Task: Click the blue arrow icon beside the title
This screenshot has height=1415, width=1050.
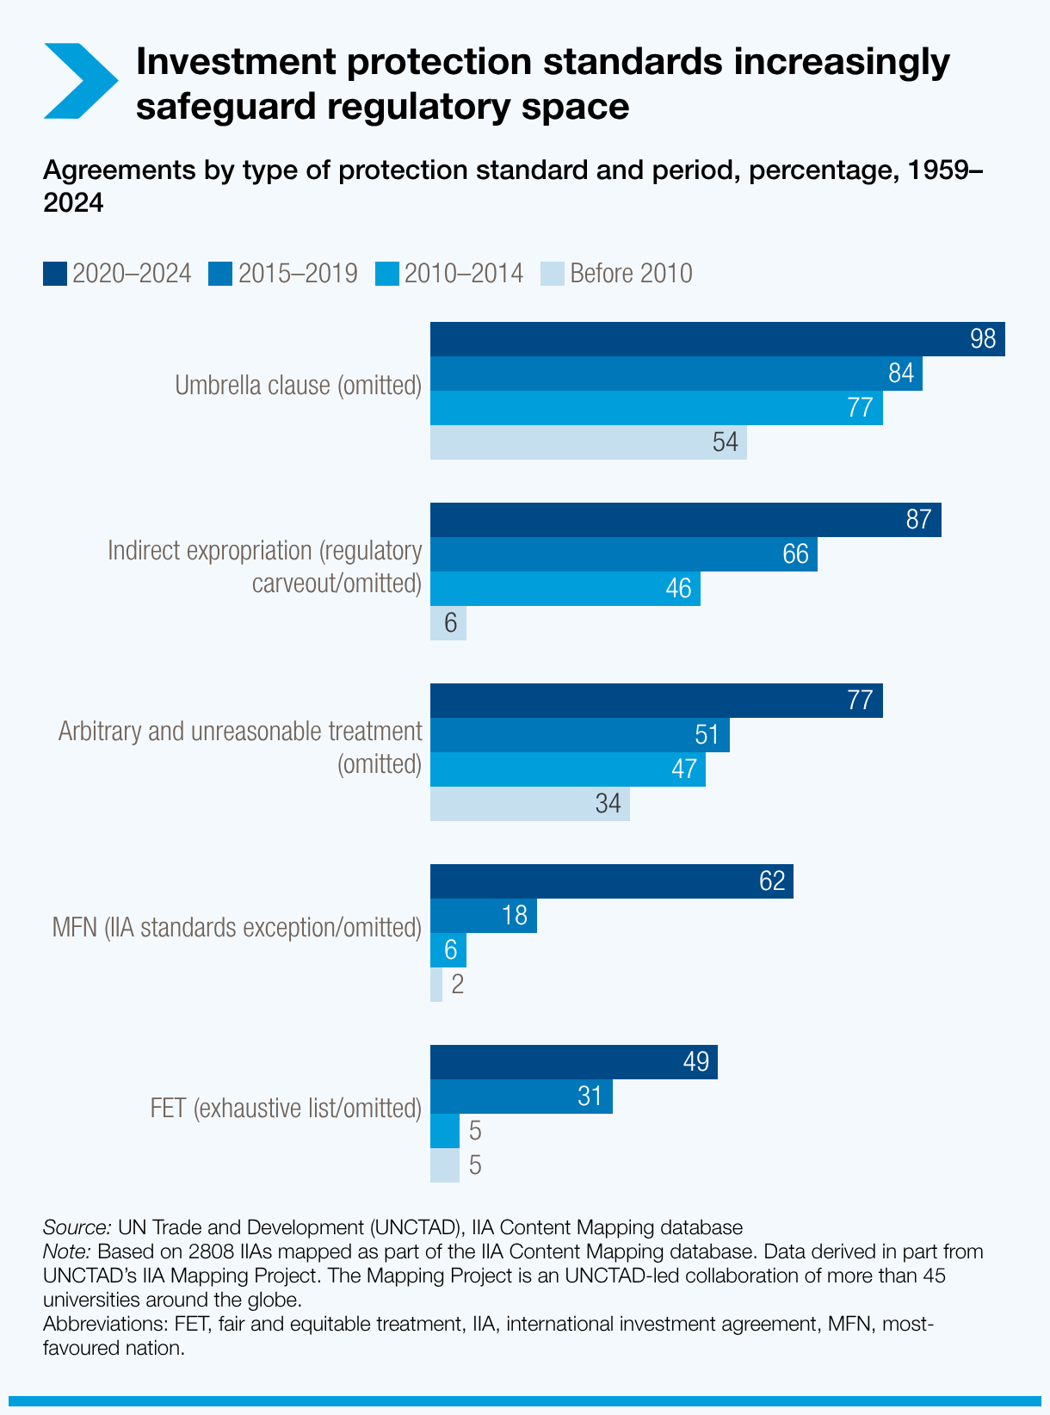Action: [x=80, y=81]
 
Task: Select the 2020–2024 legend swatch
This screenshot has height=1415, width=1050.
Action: [x=55, y=274]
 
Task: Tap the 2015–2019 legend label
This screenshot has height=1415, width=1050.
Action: [x=297, y=274]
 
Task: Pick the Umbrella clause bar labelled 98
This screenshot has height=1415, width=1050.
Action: [x=717, y=339]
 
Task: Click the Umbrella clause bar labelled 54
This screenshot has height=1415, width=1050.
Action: [x=588, y=442]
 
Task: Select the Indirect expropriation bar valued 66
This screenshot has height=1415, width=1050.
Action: [x=623, y=554]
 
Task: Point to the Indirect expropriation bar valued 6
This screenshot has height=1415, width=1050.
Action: [x=448, y=623]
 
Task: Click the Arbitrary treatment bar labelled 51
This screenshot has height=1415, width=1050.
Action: [x=579, y=735]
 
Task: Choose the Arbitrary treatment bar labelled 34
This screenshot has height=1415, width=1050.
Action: [x=529, y=804]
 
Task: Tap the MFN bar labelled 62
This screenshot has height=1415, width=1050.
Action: [x=611, y=881]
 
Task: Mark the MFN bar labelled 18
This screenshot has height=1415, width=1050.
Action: [x=483, y=916]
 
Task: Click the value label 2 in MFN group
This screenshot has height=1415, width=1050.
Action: [x=458, y=985]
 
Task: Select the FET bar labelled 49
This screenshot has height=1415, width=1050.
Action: [x=573, y=1062]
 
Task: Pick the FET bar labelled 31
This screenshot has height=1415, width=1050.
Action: [x=521, y=1097]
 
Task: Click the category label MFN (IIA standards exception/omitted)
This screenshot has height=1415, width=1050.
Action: [x=237, y=928]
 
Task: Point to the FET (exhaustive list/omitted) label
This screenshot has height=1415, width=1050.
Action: [x=286, y=1109]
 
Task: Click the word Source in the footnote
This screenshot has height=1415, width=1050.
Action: [x=76, y=1227]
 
